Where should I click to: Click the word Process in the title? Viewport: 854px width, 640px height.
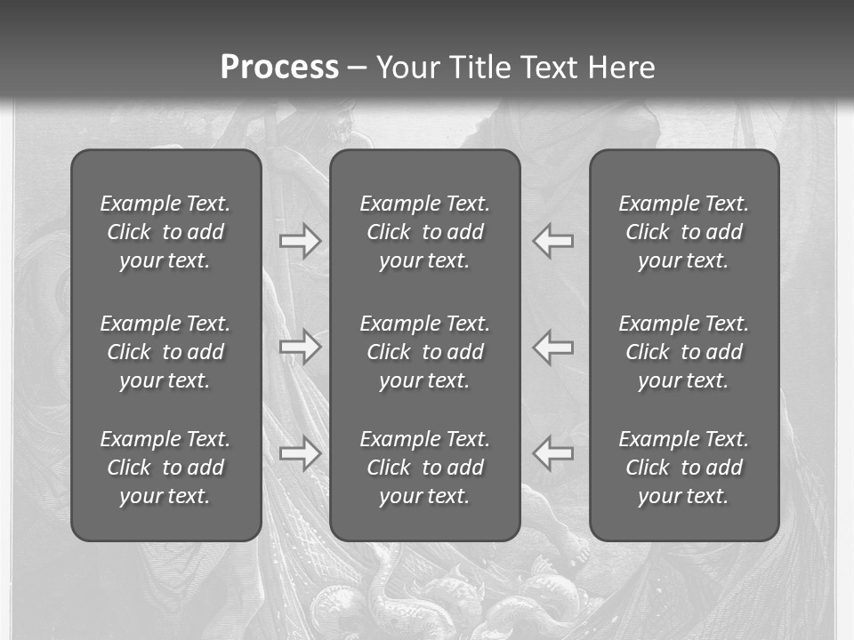(x=279, y=68)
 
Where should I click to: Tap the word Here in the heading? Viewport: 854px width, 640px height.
(x=622, y=68)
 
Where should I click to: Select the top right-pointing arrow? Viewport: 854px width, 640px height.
(x=300, y=241)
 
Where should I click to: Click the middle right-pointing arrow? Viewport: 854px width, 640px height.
(x=300, y=347)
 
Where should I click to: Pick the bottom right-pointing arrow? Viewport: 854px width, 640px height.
(x=300, y=453)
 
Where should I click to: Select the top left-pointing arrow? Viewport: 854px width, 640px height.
(x=553, y=241)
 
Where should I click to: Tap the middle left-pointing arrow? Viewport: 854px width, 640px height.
(x=553, y=347)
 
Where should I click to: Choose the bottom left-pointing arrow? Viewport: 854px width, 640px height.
(x=553, y=453)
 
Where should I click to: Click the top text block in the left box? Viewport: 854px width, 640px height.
(x=165, y=232)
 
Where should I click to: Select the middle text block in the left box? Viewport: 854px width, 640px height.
(x=165, y=352)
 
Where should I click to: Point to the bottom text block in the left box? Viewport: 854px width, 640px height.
(x=165, y=468)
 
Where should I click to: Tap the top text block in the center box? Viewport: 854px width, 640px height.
(x=425, y=232)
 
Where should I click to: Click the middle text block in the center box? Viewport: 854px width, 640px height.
(x=425, y=352)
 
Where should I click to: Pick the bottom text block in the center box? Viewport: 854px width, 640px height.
(x=425, y=468)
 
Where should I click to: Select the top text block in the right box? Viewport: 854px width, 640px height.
(x=684, y=232)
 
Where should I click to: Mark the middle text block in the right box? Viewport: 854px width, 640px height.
(x=684, y=352)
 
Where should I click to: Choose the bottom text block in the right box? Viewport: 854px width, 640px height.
(x=684, y=468)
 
